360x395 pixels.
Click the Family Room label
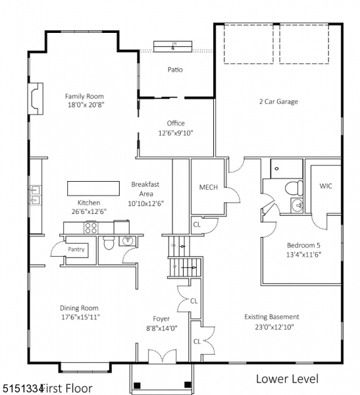coord(85,95)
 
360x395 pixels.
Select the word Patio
coord(175,70)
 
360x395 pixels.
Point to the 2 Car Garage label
coord(278,102)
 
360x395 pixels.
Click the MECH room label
coord(209,187)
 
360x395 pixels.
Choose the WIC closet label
coord(326,186)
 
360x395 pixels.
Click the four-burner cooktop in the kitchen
coord(90,228)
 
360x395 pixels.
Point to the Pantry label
coord(76,250)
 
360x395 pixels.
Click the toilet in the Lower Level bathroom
coord(294,187)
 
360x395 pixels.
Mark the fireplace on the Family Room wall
coord(34,95)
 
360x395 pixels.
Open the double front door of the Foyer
coord(161,357)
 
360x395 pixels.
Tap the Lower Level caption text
coord(286,379)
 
